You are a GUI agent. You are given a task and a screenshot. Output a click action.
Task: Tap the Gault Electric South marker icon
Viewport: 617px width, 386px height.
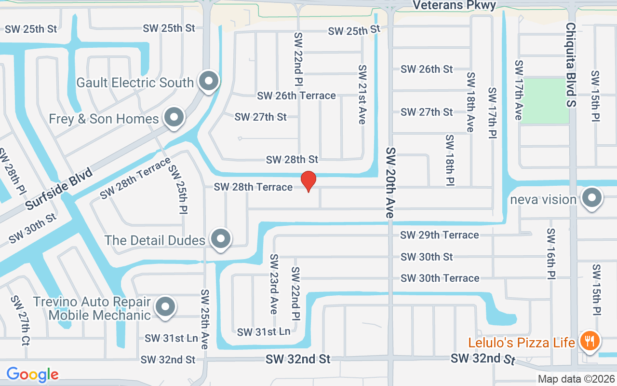tap(209, 81)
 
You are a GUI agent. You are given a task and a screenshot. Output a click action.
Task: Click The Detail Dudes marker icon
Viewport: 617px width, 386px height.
tap(221, 238)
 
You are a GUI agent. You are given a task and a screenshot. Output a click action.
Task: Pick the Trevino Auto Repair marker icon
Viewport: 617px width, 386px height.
tap(165, 306)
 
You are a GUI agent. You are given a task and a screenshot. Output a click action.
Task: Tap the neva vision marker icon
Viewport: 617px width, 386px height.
tap(591, 198)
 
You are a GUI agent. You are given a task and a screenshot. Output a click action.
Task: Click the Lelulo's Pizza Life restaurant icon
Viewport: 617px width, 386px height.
tap(589, 342)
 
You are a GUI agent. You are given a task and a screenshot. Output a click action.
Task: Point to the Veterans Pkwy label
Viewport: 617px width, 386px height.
tap(455, 5)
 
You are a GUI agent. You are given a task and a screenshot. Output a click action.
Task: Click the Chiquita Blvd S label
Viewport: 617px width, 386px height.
tap(571, 65)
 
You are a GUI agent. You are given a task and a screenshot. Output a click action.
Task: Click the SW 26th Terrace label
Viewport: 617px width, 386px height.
tap(296, 96)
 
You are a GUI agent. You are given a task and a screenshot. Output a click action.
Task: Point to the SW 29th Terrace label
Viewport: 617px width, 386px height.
tap(440, 235)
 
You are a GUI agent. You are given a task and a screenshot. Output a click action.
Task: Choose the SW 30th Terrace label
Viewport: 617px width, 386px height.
tap(440, 278)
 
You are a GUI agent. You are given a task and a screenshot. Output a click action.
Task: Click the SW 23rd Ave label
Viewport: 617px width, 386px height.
tap(273, 284)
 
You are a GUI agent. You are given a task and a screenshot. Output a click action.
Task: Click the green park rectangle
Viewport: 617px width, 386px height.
tap(546, 100)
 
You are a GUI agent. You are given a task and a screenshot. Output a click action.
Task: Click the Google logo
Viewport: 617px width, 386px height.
tap(32, 374)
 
